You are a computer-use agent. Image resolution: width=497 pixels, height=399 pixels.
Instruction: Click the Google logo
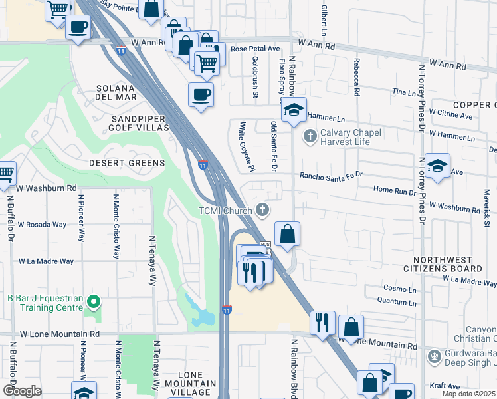coord(22,391)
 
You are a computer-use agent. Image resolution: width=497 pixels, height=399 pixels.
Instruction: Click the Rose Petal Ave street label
coord(255,49)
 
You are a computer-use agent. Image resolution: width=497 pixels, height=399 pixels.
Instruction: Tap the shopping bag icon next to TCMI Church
coord(287,234)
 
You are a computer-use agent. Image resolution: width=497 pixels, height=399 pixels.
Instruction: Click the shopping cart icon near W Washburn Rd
coord(5,173)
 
